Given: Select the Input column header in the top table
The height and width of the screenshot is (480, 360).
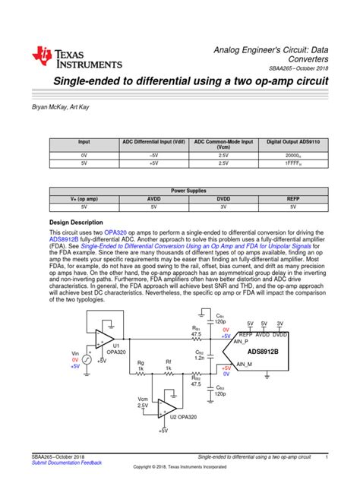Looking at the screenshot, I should click(83, 141).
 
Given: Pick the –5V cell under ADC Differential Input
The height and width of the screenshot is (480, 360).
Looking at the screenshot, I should click(152, 154).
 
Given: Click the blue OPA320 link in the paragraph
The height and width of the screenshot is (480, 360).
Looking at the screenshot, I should click(115, 232).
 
